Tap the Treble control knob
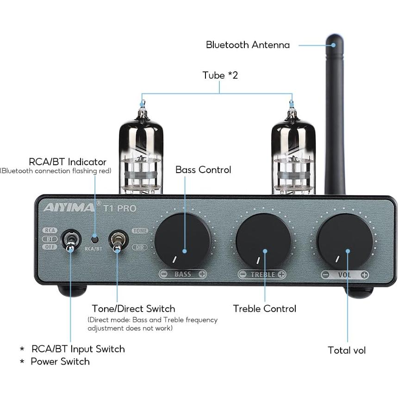(x=263, y=240)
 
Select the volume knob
(x=345, y=240)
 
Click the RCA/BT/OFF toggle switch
(x=70, y=240)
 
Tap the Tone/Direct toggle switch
(x=116, y=240)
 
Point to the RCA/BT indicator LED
(x=94, y=239)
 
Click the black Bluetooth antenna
(x=335, y=116)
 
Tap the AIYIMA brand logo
(x=69, y=207)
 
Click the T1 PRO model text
(x=119, y=208)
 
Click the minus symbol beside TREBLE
(x=243, y=274)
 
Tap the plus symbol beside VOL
(x=365, y=274)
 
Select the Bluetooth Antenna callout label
(x=248, y=45)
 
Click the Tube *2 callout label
(x=220, y=75)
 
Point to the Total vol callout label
(x=347, y=350)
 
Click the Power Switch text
(x=60, y=361)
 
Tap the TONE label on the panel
(x=140, y=230)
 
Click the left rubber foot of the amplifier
(x=72, y=291)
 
